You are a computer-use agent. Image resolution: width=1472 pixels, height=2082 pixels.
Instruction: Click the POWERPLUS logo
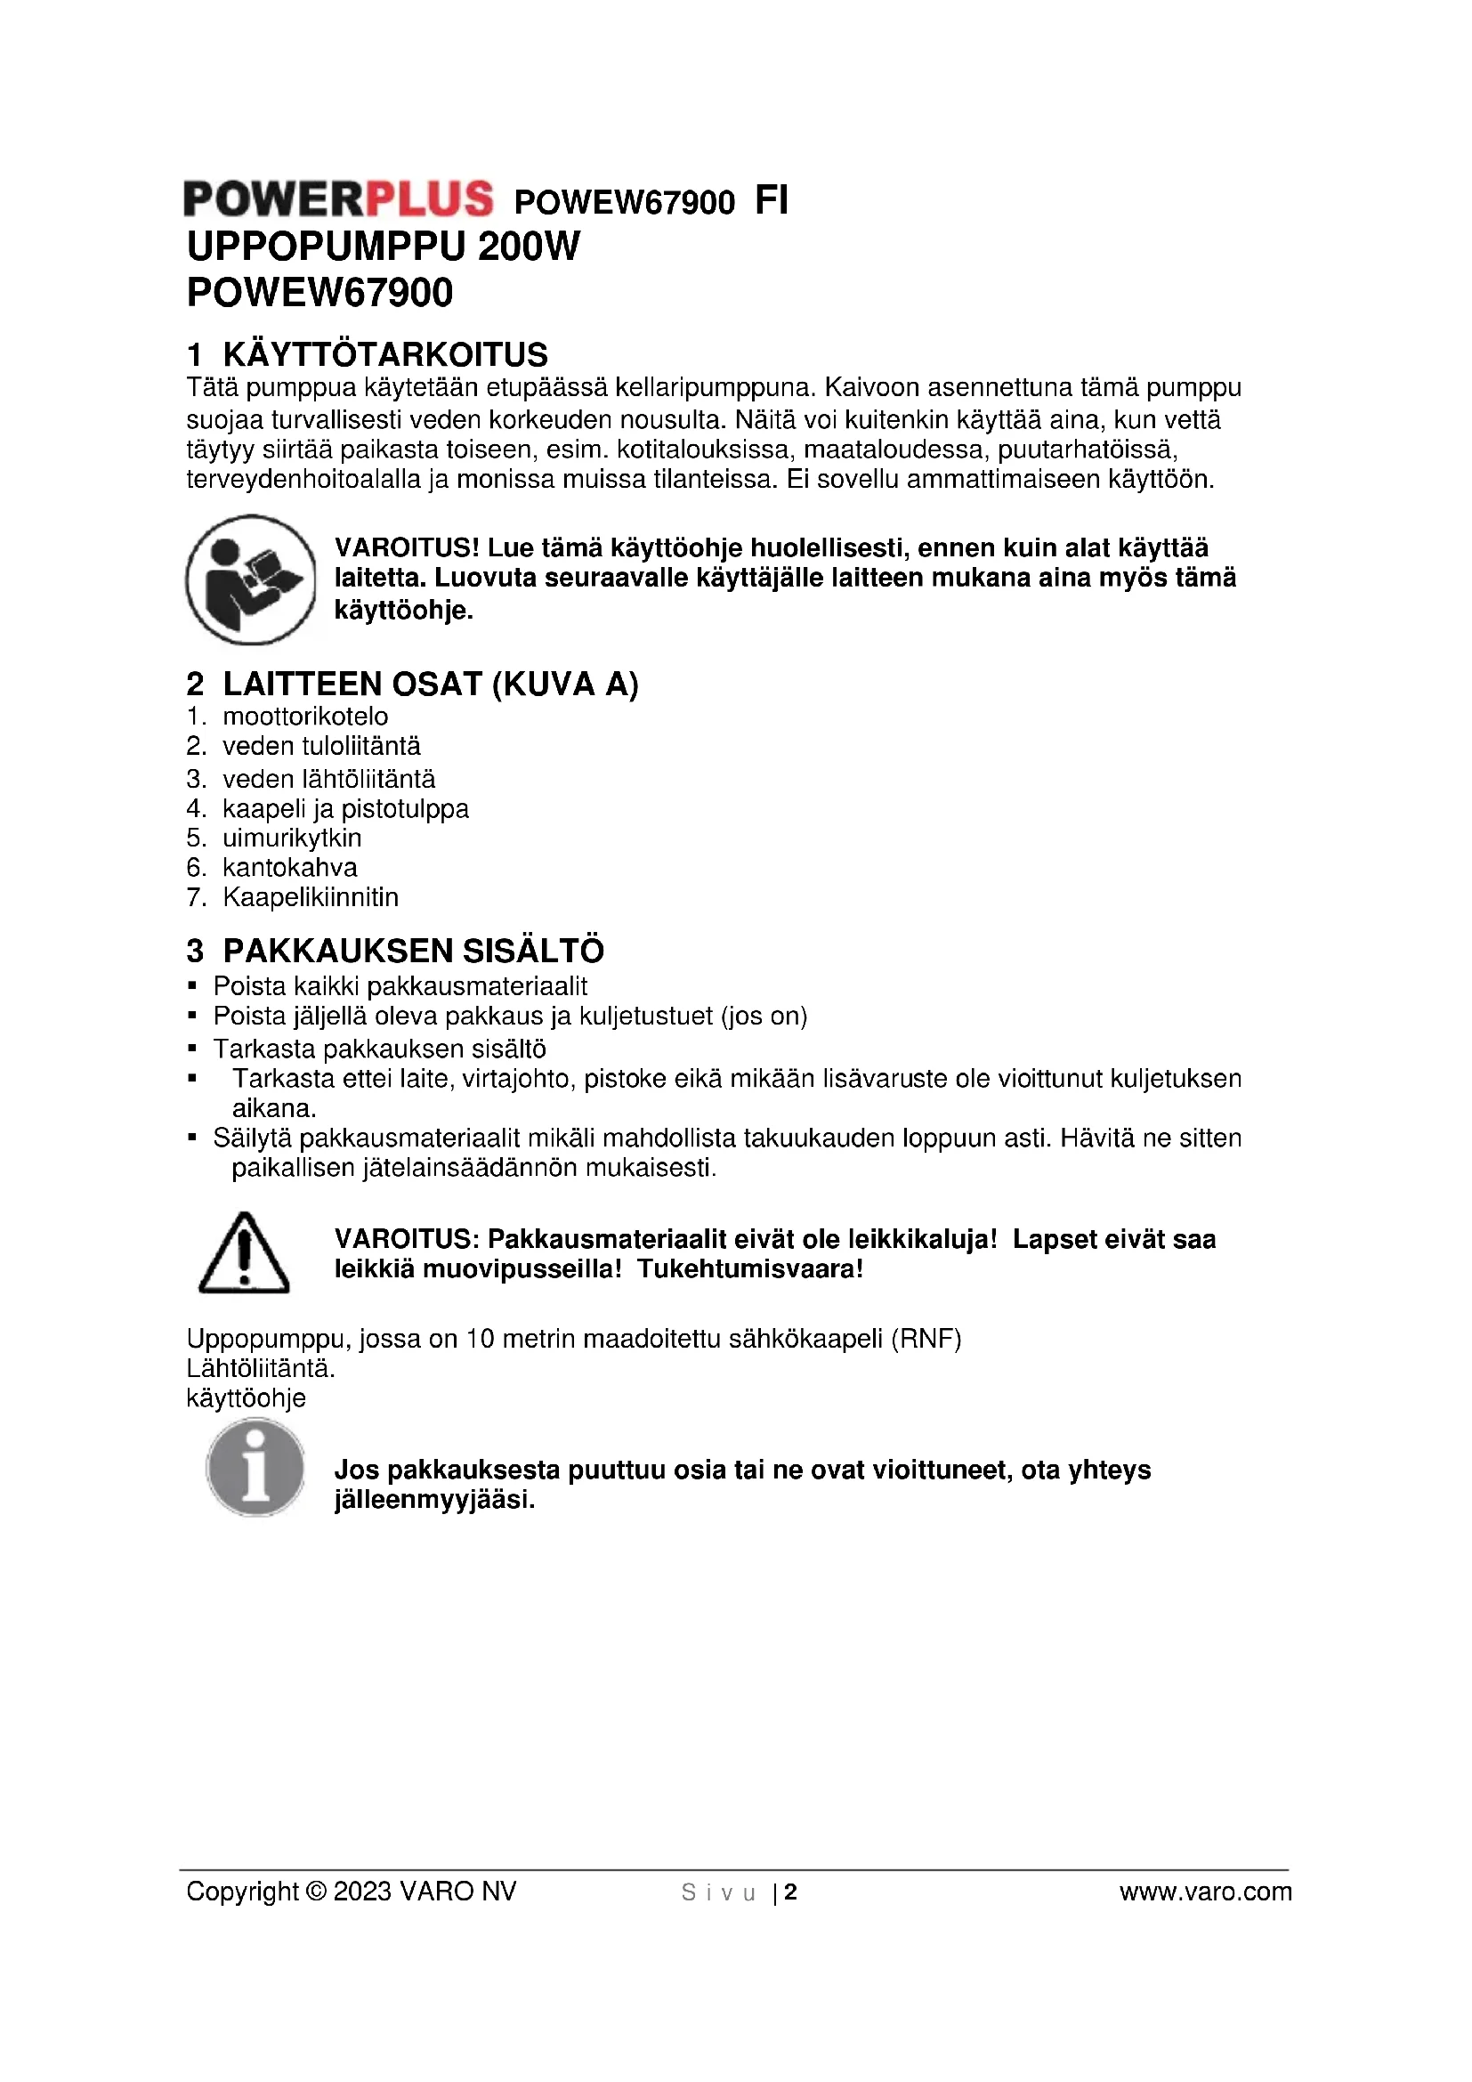tap(338, 198)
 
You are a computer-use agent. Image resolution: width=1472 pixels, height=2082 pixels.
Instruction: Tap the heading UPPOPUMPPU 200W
tap(384, 247)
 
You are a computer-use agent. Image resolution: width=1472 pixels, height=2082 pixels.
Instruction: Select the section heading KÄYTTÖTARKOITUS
tap(385, 353)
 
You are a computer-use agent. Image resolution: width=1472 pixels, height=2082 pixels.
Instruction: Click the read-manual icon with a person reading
tap(250, 580)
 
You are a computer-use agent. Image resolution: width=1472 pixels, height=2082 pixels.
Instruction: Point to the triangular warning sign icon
tap(244, 1252)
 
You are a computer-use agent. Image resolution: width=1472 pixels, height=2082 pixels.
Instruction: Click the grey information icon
tap(255, 1467)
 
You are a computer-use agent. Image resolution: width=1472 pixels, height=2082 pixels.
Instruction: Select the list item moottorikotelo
tap(305, 717)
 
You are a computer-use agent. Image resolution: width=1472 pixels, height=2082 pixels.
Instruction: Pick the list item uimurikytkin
tap(292, 838)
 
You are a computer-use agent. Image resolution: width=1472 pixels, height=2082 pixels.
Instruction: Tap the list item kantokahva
tap(290, 868)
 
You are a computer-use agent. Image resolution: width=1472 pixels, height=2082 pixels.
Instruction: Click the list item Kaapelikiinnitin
tap(311, 898)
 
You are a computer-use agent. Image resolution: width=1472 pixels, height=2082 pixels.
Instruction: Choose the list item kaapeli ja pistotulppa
tap(345, 809)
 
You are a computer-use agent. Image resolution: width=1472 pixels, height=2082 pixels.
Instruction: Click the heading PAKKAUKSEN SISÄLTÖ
tap(413, 952)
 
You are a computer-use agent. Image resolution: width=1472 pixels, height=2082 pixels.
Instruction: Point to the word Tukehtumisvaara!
tap(749, 1268)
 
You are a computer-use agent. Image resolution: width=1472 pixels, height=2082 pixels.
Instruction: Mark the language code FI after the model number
tap(772, 200)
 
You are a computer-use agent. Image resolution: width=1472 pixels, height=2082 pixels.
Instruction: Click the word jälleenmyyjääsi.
tap(435, 1500)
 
